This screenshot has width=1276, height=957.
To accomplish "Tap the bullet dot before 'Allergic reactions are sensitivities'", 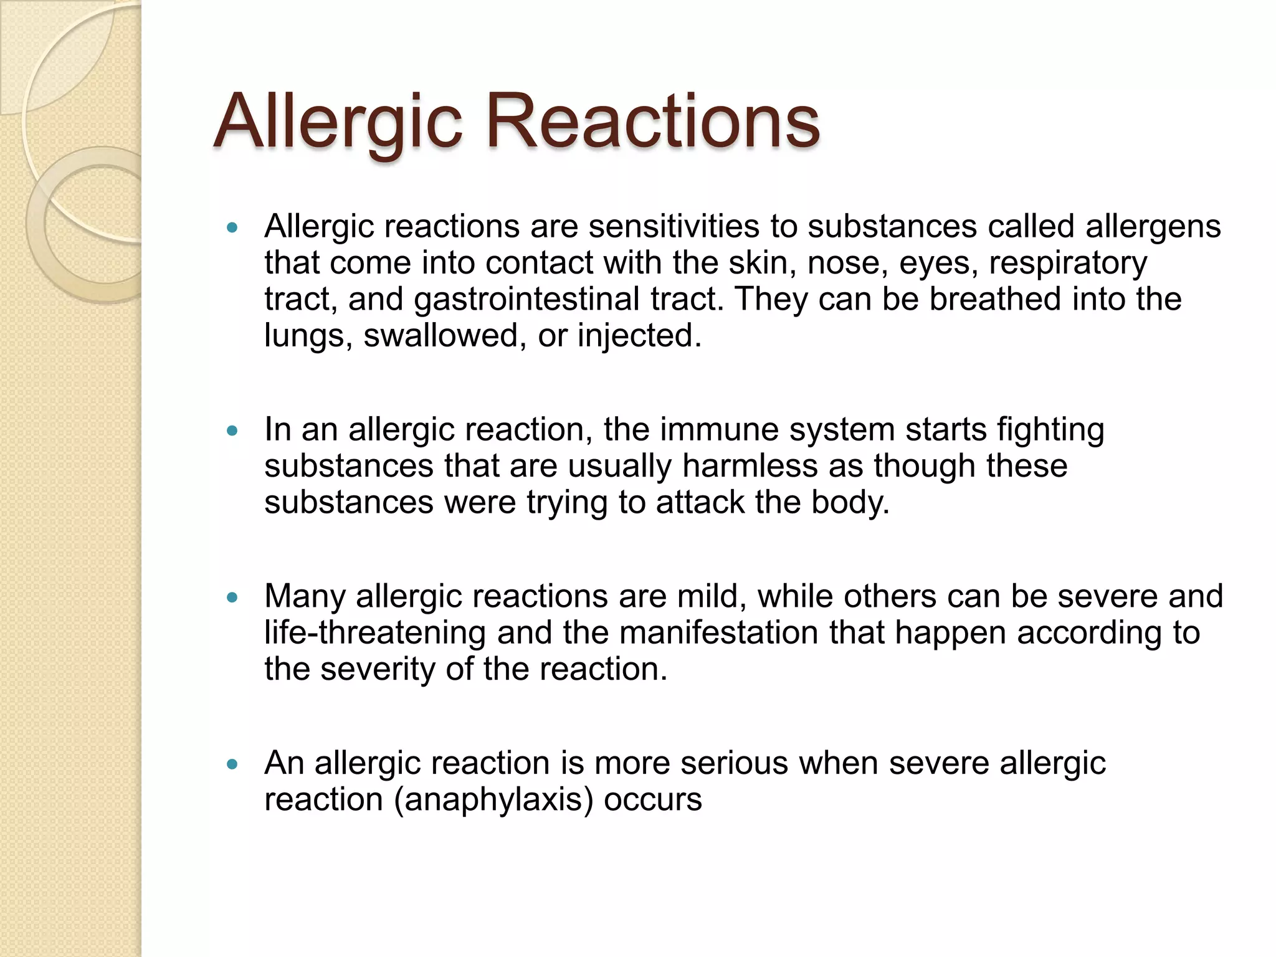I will (x=232, y=228).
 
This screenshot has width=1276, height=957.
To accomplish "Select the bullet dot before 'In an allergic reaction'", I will (x=232, y=431).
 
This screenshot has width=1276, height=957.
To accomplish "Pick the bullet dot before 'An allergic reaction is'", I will (x=232, y=764).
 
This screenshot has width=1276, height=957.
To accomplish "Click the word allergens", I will (x=1153, y=227).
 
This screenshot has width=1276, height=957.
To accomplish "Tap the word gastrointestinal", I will (x=526, y=300).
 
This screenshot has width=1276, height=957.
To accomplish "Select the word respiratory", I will (x=1068, y=264).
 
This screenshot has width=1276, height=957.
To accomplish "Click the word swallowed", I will (x=441, y=336).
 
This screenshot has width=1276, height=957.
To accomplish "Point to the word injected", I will (x=639, y=336).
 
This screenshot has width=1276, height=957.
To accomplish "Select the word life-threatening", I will (x=374, y=633).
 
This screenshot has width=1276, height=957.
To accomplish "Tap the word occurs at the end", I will (x=652, y=800).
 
